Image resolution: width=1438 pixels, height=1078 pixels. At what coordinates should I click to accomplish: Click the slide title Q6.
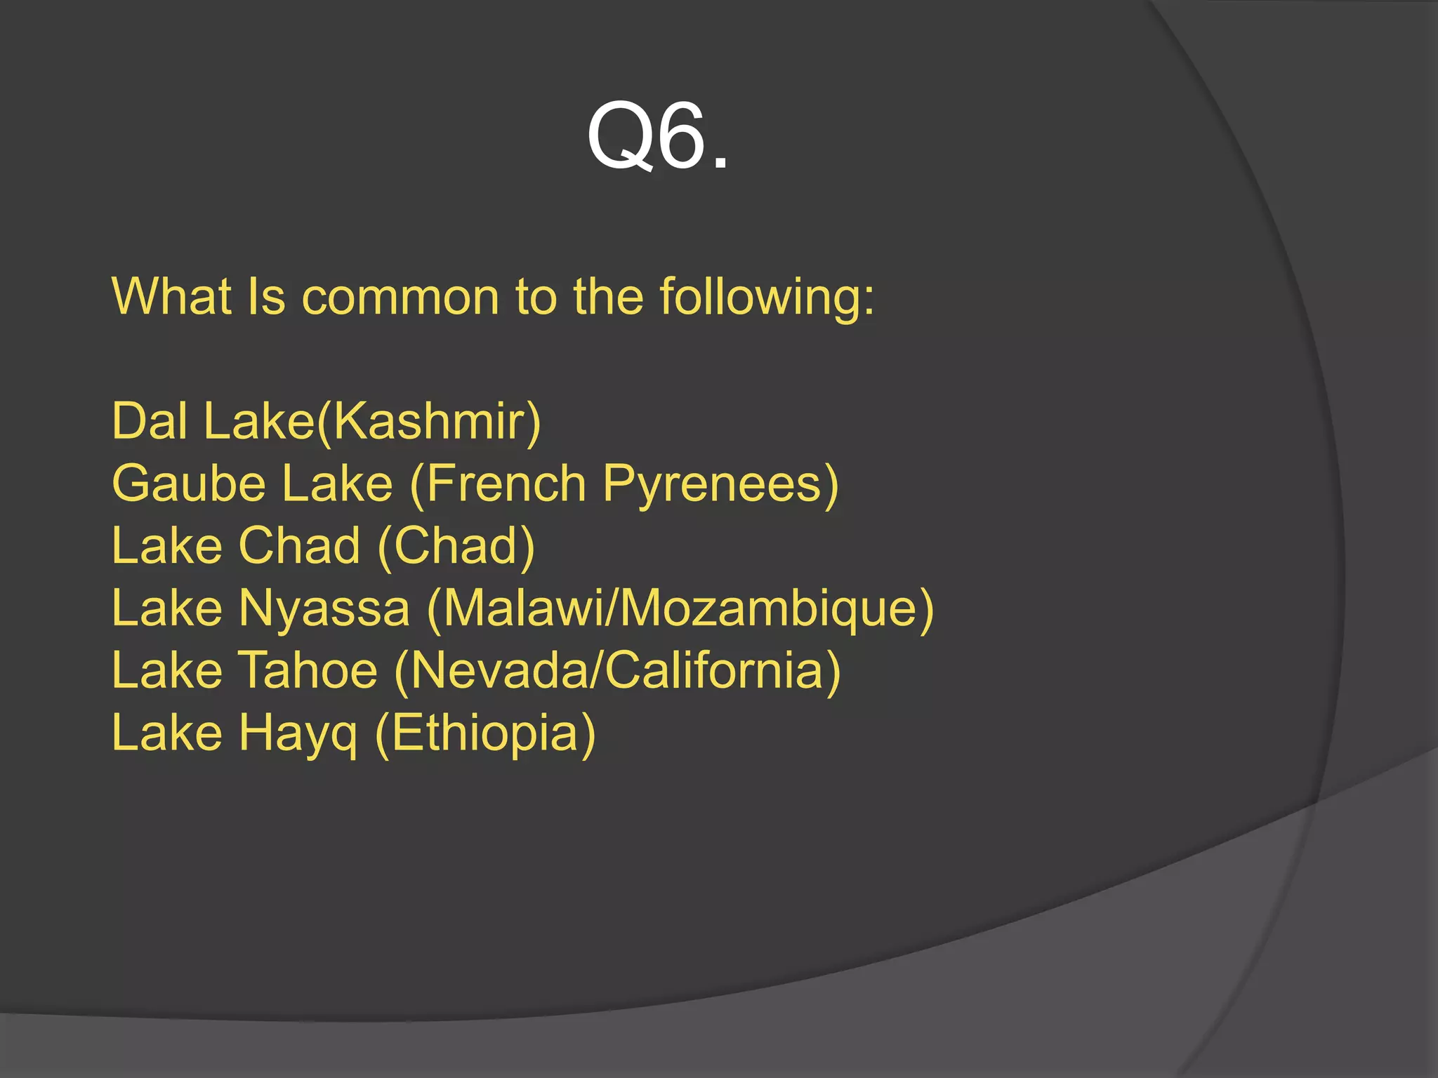pos(658,135)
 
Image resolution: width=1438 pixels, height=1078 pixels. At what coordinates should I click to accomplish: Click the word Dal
pos(149,421)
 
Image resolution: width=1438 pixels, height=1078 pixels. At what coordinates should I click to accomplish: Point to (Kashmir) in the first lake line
pos(429,421)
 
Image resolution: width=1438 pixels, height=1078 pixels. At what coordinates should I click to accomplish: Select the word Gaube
pos(189,484)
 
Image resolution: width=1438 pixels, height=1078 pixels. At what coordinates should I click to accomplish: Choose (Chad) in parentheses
pos(456,545)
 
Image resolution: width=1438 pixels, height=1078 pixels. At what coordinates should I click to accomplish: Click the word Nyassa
pos(324,608)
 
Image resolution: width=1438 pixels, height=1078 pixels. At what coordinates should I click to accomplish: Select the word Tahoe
pos(308,670)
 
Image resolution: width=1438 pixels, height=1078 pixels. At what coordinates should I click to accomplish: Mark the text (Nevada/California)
pos(618,670)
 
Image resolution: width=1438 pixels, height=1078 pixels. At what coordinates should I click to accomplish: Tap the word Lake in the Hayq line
pos(167,732)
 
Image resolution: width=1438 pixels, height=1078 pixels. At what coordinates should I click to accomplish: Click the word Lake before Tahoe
pos(167,670)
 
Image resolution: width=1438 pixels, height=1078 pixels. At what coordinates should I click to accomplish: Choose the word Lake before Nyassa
pos(167,608)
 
